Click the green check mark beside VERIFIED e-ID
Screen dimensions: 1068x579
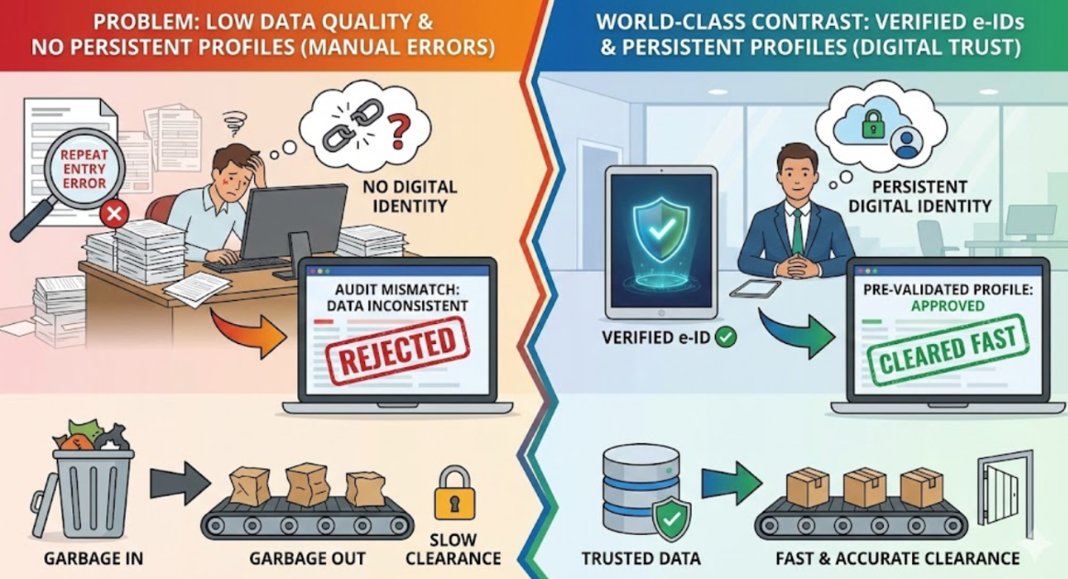point(726,338)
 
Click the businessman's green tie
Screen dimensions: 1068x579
point(798,230)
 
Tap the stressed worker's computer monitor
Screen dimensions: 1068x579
point(293,217)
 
